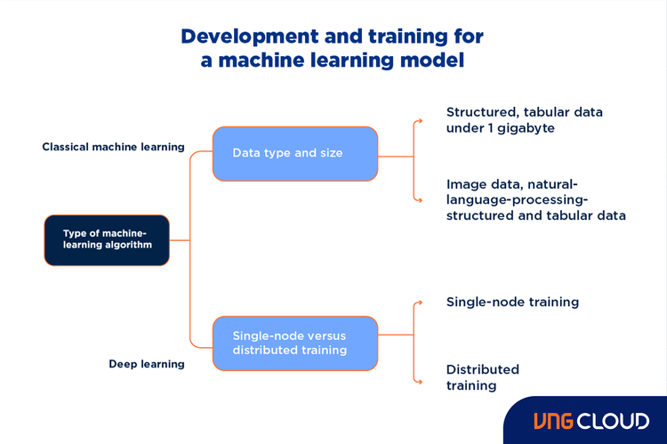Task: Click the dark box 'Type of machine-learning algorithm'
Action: point(107,240)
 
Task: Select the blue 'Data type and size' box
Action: point(294,153)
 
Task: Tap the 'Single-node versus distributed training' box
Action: point(294,343)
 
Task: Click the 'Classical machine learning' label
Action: point(113,147)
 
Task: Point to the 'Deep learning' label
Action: point(147,364)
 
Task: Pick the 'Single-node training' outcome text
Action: point(512,303)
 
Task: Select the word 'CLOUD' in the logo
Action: point(614,421)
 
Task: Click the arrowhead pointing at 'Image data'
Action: point(419,199)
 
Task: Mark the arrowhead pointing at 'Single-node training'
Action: point(419,303)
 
